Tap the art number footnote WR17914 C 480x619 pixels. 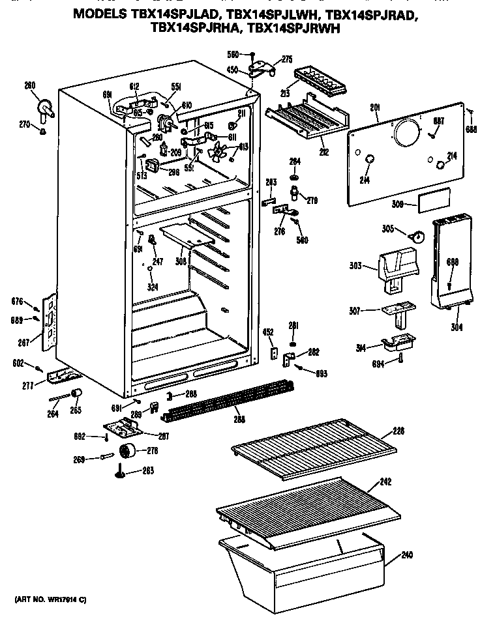tap(50, 599)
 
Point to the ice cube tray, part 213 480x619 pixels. tap(321, 82)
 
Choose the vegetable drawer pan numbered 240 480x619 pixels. tap(307, 557)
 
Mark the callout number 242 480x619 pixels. tap(385, 483)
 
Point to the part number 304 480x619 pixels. tap(457, 328)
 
